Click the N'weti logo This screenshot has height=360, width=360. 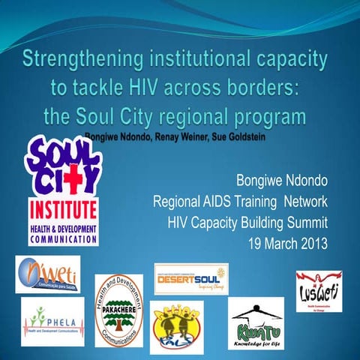(47, 274)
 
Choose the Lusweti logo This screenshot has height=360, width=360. (318, 289)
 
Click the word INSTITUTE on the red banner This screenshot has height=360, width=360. (63, 207)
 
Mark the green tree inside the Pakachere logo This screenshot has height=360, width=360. (118, 304)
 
